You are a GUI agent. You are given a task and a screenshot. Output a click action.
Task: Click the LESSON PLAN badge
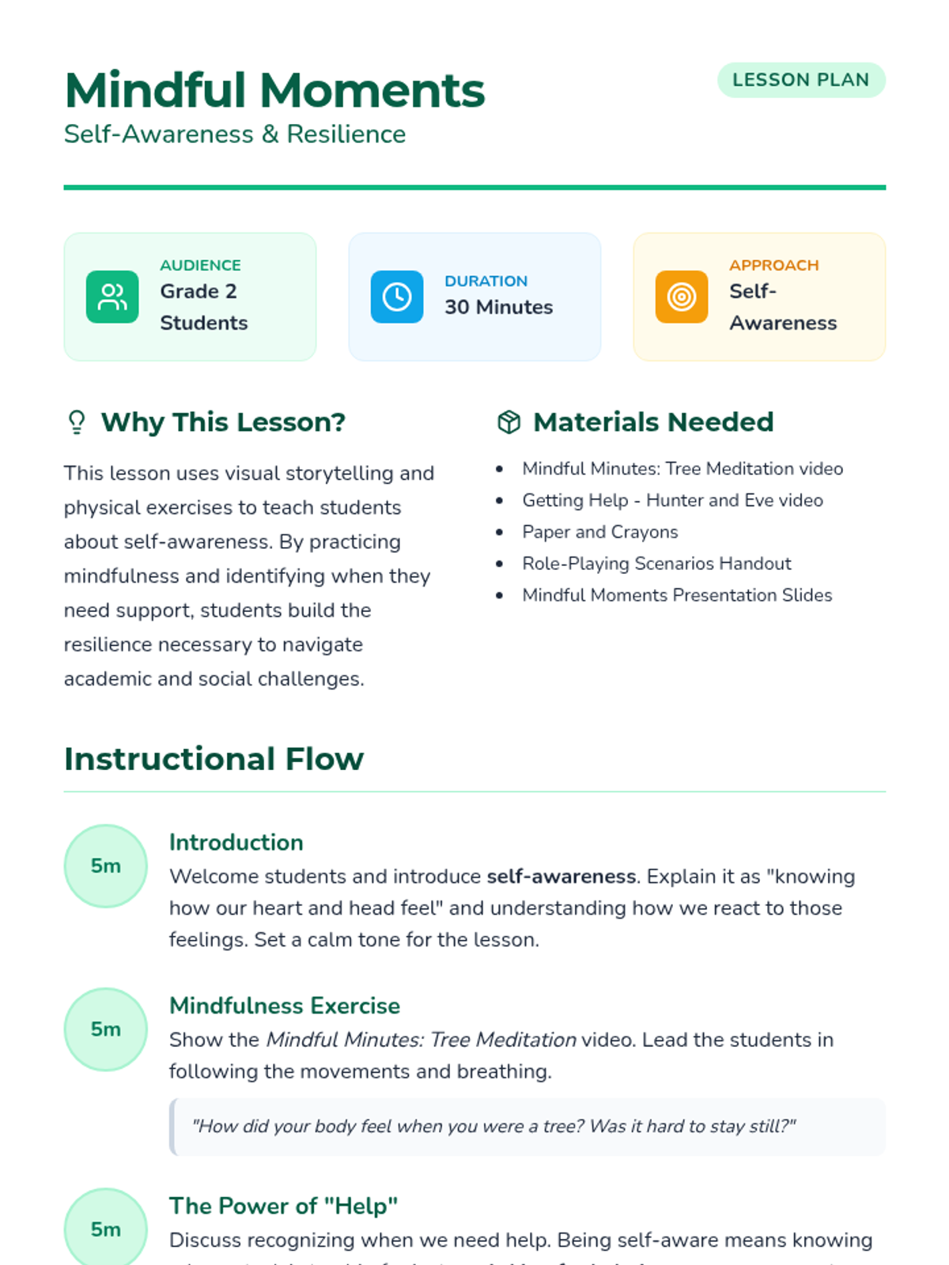tap(800, 80)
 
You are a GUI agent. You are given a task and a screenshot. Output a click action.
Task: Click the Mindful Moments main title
tap(274, 90)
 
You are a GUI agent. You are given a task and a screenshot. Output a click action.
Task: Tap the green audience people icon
tap(112, 297)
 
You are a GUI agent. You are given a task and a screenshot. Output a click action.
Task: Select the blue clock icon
tap(397, 297)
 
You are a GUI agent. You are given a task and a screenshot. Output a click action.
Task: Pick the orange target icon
tap(682, 297)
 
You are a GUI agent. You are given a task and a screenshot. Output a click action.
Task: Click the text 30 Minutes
tap(498, 307)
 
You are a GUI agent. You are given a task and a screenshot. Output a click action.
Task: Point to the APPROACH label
tap(773, 265)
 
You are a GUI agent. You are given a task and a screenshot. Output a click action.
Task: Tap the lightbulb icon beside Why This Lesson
tap(77, 422)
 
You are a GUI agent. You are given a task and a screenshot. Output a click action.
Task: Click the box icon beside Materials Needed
tap(509, 422)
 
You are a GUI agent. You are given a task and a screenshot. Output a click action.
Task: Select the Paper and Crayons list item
tap(599, 532)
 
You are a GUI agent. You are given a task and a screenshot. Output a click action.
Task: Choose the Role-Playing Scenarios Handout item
tap(656, 564)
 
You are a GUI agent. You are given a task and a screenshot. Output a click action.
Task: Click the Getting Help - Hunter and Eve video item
tap(672, 500)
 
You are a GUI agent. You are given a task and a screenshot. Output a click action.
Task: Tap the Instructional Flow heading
tap(214, 759)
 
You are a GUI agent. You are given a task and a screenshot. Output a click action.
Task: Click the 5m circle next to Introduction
tap(105, 866)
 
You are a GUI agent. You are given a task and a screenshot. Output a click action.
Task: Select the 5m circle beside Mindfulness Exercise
tap(105, 1029)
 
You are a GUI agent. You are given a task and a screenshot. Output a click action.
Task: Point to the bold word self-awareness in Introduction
tap(561, 877)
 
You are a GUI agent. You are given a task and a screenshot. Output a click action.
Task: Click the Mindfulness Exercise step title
tap(285, 1006)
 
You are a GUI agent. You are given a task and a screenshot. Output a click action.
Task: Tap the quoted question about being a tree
tap(493, 1126)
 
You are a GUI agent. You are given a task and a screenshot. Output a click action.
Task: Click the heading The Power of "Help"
tap(283, 1206)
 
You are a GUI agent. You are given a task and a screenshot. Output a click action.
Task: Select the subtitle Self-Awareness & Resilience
tap(235, 134)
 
